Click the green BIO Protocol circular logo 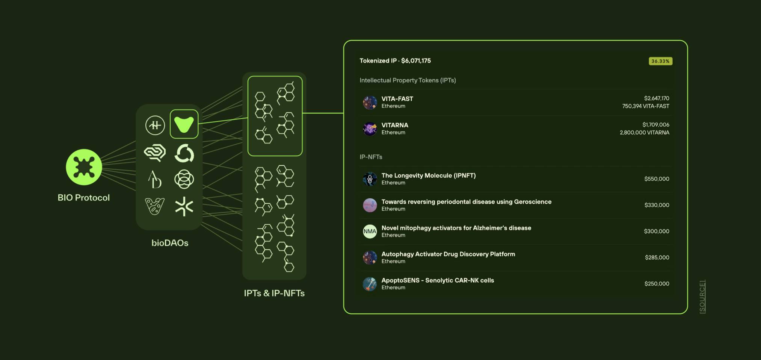pos(84,167)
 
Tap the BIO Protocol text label pos(84,198)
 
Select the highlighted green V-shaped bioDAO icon pos(184,124)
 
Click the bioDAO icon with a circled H pos(155,125)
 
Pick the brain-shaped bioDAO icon pos(155,153)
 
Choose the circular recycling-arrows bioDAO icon pos(184,153)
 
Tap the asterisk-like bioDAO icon pos(184,206)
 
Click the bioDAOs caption pos(170,243)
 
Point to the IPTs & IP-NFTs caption pos(274,293)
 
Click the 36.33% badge pos(660,61)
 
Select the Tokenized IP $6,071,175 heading pos(395,61)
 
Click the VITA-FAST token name pos(397,99)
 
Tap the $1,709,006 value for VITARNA pos(655,125)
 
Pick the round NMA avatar pos(370,231)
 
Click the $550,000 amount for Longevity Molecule pos(657,179)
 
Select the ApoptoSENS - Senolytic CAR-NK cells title pos(438,280)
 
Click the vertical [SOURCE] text pos(702,296)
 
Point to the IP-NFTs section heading pos(371,157)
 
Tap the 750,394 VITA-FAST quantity pos(645,106)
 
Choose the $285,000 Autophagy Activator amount pos(657,257)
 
